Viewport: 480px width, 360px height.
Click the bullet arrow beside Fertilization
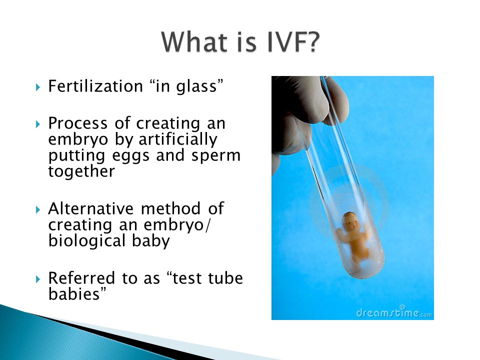38,87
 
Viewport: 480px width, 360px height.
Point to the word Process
78,123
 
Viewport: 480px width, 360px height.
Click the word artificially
178,139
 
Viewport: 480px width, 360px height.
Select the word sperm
216,156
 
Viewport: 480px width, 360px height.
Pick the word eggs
130,156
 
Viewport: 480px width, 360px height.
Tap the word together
81,171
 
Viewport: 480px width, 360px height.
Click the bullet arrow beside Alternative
38,209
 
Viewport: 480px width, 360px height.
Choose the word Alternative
90,208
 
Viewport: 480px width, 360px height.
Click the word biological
87,241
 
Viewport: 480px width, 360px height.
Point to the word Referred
81,278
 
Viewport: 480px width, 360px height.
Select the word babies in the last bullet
74,294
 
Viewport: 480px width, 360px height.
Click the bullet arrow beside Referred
38,279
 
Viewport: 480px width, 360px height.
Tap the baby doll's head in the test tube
350,222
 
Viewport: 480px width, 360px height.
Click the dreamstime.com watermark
394,312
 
